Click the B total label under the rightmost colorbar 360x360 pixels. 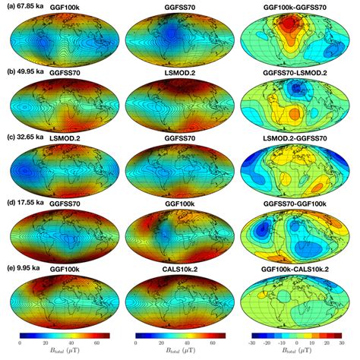(297, 354)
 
